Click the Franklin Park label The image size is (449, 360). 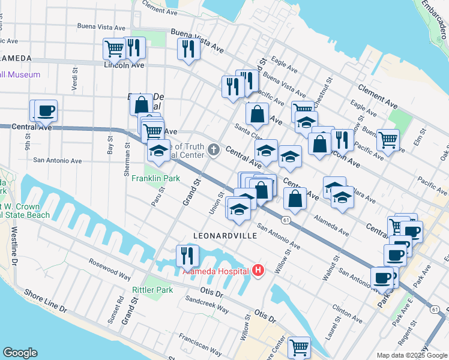click(x=156, y=179)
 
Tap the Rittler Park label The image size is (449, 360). click(x=152, y=290)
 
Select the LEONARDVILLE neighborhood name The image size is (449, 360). click(x=225, y=236)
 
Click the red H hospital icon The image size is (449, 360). click(x=259, y=271)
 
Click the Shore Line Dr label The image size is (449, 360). click(x=46, y=301)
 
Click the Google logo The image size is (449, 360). click(x=20, y=353)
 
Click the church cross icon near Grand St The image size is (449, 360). click(x=214, y=149)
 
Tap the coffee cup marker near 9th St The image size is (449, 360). click(x=46, y=110)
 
